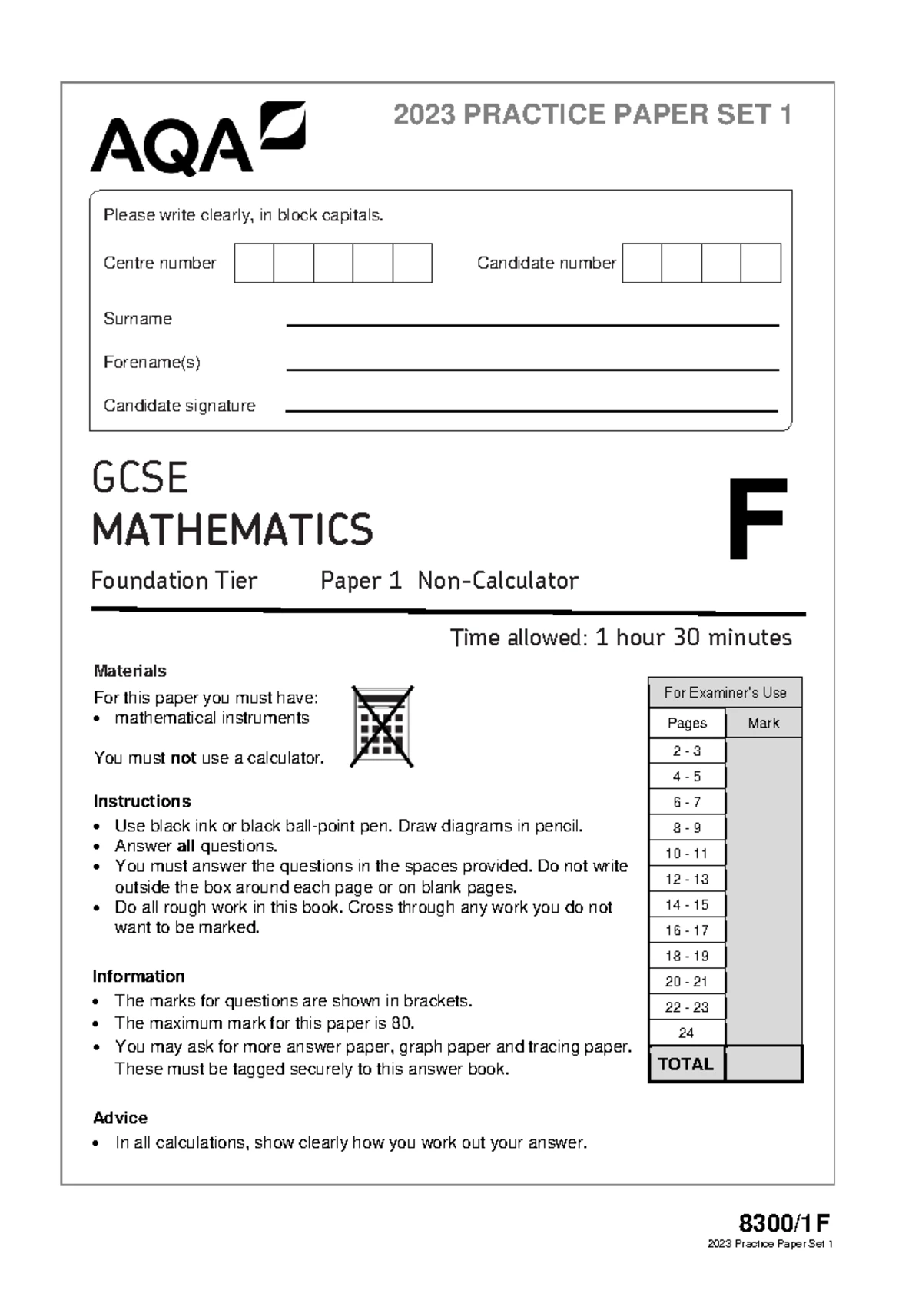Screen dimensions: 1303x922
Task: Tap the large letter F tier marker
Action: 757,519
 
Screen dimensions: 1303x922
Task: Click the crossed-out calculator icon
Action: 382,726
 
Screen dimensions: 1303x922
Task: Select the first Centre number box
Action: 254,263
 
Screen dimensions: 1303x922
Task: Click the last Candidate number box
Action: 761,263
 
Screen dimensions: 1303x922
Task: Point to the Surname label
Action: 138,319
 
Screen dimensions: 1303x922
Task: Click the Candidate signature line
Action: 532,410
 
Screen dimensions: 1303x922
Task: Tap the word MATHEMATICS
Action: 232,530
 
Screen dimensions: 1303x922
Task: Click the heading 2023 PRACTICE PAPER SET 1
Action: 592,115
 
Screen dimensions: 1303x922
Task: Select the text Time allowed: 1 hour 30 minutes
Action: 621,638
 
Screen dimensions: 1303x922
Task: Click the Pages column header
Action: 687,723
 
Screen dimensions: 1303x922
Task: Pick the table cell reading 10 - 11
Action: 687,854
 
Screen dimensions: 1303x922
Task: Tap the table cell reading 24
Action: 687,1033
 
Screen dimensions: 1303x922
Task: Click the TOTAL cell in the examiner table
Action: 686,1064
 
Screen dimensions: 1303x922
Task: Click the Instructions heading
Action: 142,801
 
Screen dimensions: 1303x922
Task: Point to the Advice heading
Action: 120,1118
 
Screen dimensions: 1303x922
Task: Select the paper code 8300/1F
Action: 784,1223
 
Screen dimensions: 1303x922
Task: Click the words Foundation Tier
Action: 174,581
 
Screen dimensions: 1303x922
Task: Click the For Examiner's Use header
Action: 725,692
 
